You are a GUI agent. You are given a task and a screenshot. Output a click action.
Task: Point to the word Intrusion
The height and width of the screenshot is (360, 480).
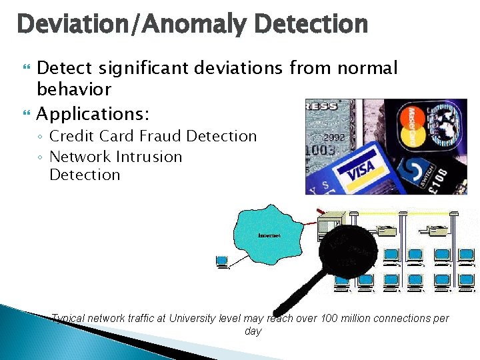(148, 157)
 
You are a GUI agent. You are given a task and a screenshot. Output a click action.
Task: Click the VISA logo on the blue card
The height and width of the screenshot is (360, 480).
(361, 169)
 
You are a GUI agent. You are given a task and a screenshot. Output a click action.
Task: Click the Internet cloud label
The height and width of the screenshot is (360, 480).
(270, 235)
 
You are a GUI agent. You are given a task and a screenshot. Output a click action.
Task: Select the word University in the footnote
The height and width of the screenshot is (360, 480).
(192, 319)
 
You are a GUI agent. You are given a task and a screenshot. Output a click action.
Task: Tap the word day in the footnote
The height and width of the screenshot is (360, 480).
(253, 331)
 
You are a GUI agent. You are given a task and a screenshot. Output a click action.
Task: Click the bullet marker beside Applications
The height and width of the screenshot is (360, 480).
(27, 114)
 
